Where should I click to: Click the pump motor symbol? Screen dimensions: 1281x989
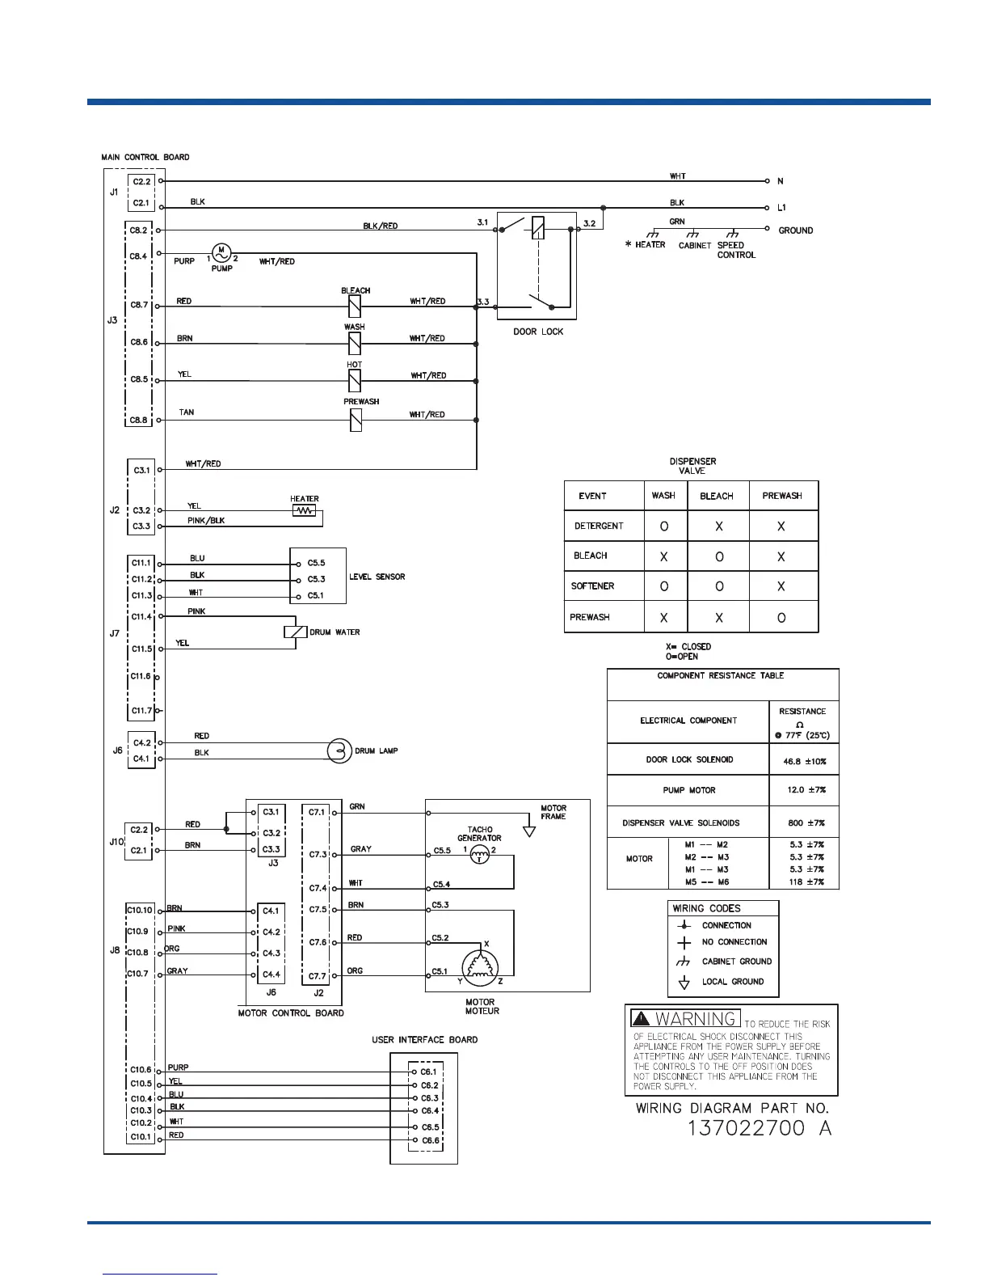pyautogui.click(x=221, y=252)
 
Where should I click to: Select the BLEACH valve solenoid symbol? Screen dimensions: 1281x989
pyautogui.click(x=355, y=306)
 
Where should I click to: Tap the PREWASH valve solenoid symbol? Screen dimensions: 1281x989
pyautogui.click(x=355, y=420)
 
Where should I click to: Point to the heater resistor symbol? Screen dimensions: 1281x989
pyautogui.click(x=305, y=511)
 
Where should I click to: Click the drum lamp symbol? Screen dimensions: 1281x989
pyautogui.click(x=339, y=750)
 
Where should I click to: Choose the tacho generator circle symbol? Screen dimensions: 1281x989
pyautogui.click(x=480, y=856)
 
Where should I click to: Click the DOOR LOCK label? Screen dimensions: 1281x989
pyautogui.click(x=538, y=332)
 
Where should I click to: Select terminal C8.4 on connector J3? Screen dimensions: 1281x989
pyautogui.click(x=139, y=256)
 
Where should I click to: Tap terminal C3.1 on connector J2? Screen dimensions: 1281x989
pyautogui.click(x=141, y=470)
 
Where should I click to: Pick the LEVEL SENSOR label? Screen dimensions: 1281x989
pyautogui.click(x=377, y=577)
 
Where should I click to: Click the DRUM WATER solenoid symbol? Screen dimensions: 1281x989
pyautogui.click(x=296, y=632)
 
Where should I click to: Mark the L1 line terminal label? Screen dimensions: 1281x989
pyautogui.click(x=781, y=208)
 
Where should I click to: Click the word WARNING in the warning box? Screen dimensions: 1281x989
pyautogui.click(x=696, y=1019)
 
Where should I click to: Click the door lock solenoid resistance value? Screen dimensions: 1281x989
pyautogui.click(x=804, y=761)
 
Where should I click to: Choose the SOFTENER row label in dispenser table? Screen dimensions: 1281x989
pyautogui.click(x=592, y=586)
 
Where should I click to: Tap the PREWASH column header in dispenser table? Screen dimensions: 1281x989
pyautogui.click(x=782, y=496)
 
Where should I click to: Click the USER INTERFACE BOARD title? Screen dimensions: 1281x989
pyautogui.click(x=424, y=1039)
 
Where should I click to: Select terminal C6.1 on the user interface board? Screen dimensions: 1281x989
pyautogui.click(x=429, y=1072)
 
